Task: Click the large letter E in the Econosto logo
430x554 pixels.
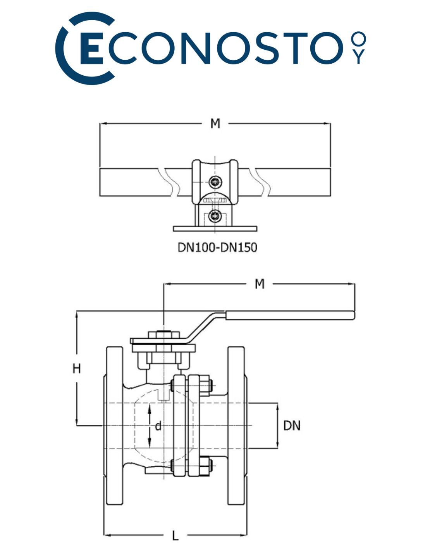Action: [91, 49]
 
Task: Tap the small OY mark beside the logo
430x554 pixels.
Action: [358, 48]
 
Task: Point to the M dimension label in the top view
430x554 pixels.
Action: [215, 124]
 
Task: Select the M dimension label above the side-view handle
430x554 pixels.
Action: [260, 284]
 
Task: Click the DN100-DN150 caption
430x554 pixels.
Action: [217, 248]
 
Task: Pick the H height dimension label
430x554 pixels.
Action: [77, 368]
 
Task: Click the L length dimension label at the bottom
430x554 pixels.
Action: [175, 536]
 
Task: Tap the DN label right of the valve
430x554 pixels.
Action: [292, 426]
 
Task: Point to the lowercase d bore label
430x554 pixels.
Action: [158, 426]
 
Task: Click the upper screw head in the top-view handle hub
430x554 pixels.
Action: [215, 182]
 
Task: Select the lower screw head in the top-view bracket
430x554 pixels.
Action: [215, 216]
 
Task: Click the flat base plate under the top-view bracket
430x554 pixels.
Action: [215, 229]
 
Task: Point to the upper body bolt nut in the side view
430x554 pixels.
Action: [205, 384]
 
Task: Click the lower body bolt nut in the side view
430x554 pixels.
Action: [205, 466]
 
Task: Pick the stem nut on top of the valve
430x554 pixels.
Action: [163, 335]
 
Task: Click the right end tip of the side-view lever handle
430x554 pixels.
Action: [353, 315]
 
